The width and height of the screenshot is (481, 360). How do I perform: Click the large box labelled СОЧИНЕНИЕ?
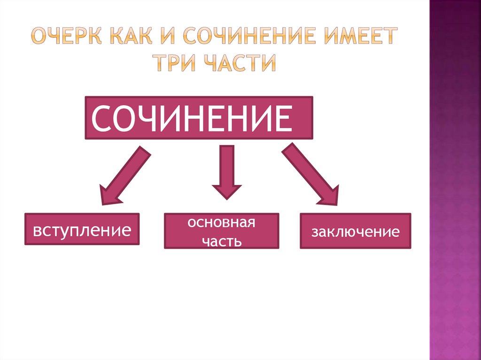click(x=199, y=118)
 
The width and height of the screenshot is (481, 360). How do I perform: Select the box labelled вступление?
click(x=82, y=230)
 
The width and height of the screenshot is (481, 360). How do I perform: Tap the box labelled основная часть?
click(x=221, y=231)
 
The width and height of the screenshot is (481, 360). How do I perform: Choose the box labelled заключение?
click(x=355, y=231)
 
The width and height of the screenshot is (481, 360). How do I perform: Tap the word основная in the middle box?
click(x=221, y=222)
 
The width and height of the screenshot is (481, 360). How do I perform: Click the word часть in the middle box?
click(x=221, y=241)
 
